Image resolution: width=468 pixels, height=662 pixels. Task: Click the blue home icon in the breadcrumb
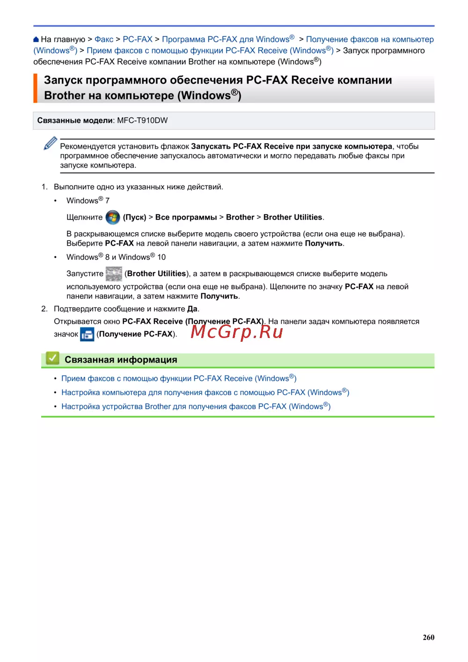click(36, 39)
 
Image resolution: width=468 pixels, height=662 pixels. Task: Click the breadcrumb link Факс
click(104, 39)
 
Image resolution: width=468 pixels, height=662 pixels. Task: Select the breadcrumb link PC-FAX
click(138, 39)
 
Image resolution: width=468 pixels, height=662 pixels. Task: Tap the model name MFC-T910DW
click(142, 120)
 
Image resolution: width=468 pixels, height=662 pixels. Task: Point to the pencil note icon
click(50, 143)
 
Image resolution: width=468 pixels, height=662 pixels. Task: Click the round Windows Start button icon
click(113, 217)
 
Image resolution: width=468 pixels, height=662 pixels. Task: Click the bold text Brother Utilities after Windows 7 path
click(292, 217)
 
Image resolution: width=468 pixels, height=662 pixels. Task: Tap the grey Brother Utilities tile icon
click(114, 273)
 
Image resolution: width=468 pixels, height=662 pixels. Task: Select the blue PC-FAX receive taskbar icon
click(88, 334)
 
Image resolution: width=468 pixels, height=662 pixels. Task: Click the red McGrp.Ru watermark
click(237, 331)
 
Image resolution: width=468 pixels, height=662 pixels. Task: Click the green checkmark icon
click(52, 359)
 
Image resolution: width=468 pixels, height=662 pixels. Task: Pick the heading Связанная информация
click(121, 360)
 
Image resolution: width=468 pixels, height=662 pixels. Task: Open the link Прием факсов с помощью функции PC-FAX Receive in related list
click(179, 378)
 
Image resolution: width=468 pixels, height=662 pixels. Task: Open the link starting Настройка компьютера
click(205, 392)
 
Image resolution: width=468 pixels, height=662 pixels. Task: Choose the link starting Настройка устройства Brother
click(196, 406)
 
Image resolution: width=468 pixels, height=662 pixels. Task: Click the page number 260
click(428, 637)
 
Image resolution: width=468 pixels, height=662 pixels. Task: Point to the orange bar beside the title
click(35, 88)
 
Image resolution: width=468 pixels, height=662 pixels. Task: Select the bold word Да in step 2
click(192, 309)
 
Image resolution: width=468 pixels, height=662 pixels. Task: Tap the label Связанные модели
click(75, 120)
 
